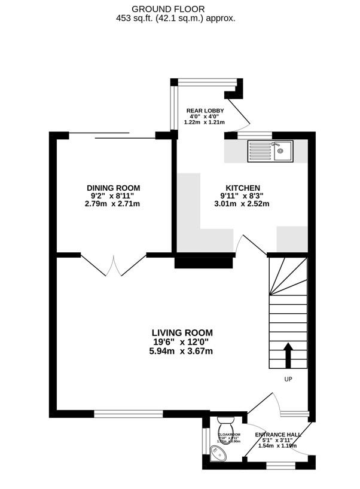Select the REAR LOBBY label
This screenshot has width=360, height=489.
point(205,111)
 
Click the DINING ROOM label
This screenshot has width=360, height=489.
point(114,188)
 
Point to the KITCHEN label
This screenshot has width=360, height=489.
point(243,188)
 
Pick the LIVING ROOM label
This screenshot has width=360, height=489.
point(182,333)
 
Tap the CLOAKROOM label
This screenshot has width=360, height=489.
point(229,435)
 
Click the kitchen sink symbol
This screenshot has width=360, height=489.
point(271,151)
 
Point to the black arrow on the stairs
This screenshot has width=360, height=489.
point(288,355)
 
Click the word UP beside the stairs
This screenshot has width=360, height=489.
point(288,379)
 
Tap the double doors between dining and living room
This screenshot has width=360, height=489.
point(114,263)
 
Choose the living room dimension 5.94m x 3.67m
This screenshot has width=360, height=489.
point(182,351)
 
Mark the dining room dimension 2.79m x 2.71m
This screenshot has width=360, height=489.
point(114,204)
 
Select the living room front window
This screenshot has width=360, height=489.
point(128,412)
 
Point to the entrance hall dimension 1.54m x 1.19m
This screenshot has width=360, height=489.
point(277,445)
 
